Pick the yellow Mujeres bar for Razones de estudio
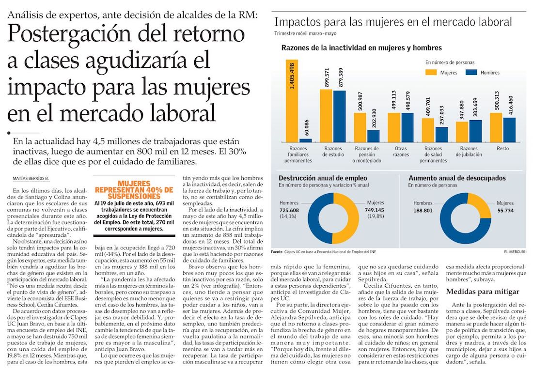pyautogui.click(x=326, y=115)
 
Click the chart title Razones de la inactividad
pyautogui.click(x=361, y=48)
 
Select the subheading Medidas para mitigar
pyautogui.click(x=483, y=292)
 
